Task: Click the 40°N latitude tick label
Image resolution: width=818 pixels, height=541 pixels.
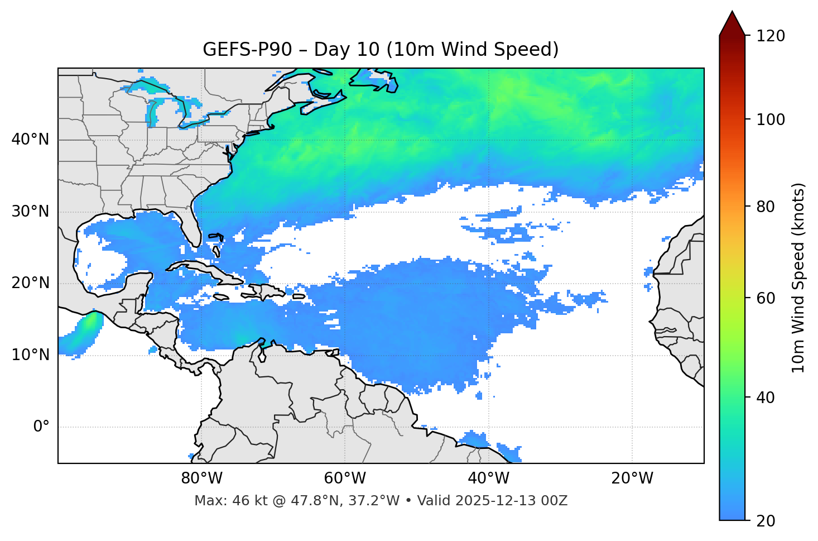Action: pyautogui.click(x=30, y=140)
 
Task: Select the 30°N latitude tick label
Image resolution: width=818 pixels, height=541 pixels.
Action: pyautogui.click(x=30, y=212)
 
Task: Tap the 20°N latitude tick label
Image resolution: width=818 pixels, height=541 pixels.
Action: pyautogui.click(x=30, y=283)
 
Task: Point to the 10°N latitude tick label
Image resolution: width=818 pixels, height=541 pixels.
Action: pyautogui.click(x=30, y=355)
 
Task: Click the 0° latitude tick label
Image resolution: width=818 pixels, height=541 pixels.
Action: pyautogui.click(x=41, y=427)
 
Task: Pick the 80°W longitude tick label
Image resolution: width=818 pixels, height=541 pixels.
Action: pyautogui.click(x=201, y=478)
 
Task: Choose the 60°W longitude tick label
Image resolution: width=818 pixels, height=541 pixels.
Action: pyautogui.click(x=345, y=478)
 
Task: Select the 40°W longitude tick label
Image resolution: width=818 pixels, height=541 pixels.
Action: pyautogui.click(x=489, y=478)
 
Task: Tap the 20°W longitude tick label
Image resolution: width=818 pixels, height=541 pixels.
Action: pyautogui.click(x=632, y=478)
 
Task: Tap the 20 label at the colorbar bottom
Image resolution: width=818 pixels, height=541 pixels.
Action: pyautogui.click(x=765, y=521)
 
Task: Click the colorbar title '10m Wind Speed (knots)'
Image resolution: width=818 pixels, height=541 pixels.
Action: pyautogui.click(x=798, y=277)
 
